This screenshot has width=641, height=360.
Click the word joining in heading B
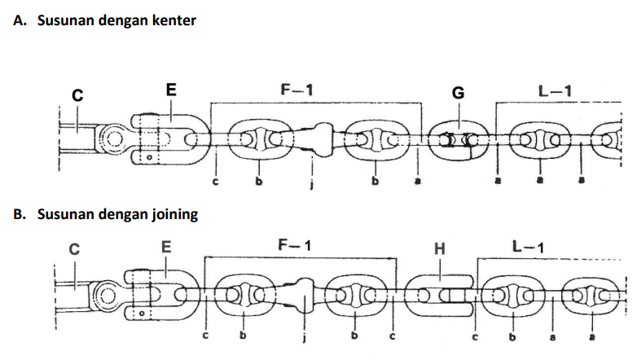click(173, 215)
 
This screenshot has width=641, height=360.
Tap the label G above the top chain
click(458, 93)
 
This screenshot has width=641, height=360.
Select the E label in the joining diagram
click(167, 245)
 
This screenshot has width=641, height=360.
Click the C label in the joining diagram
click(73, 250)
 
